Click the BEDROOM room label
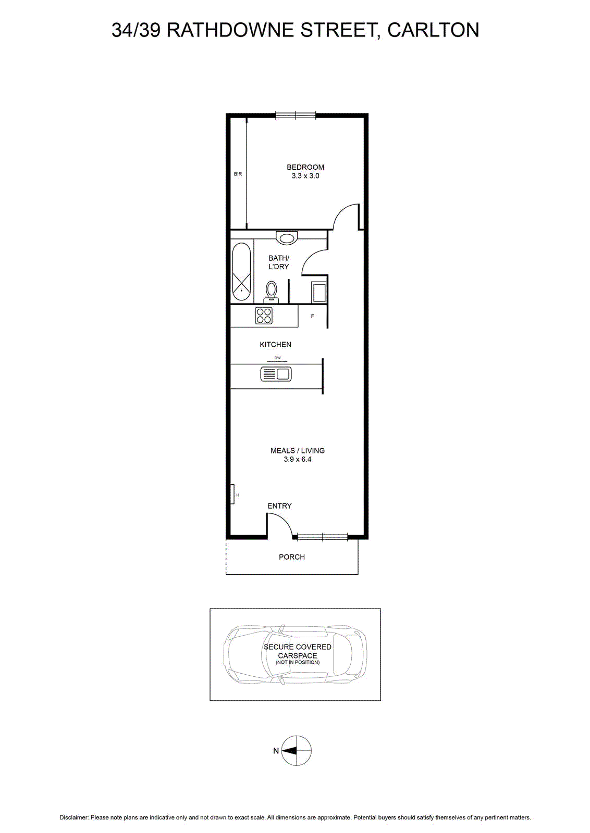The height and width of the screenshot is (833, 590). [305, 167]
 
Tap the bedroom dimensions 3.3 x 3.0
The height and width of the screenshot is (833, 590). [305, 176]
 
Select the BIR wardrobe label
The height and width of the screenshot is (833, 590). [238, 174]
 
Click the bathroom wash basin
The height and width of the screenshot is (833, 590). [286, 237]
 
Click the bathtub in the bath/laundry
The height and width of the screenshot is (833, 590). [242, 272]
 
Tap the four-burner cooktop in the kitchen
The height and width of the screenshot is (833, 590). [264, 315]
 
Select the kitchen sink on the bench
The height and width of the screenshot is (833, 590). [276, 374]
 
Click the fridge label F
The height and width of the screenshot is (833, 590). [312, 316]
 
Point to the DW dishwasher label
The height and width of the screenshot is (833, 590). [277, 358]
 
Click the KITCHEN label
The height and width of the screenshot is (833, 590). [276, 345]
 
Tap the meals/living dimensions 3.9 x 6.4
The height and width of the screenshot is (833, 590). [298, 459]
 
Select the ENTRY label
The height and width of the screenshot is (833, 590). [279, 506]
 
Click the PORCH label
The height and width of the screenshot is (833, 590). [292, 557]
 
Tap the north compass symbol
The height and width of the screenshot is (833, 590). [296, 751]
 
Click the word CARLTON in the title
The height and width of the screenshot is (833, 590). [433, 30]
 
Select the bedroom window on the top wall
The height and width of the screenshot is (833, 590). [296, 115]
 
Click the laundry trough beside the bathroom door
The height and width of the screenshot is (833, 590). [319, 293]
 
